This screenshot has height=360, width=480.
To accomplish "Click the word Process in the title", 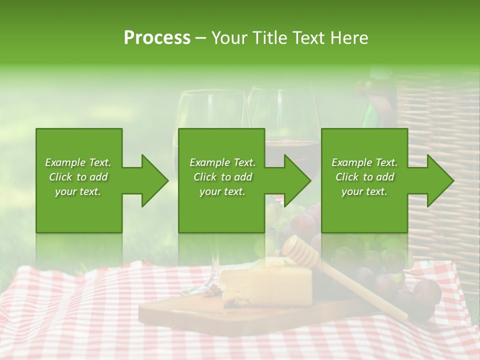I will click(157, 38).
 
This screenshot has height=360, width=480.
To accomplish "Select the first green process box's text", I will click(78, 177).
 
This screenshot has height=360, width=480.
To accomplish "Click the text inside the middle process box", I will click(222, 177).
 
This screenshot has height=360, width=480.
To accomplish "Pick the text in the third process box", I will click(364, 177).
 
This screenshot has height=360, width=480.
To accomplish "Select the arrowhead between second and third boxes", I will click(296, 180).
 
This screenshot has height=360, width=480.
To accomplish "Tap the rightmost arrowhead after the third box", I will click(439, 180).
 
